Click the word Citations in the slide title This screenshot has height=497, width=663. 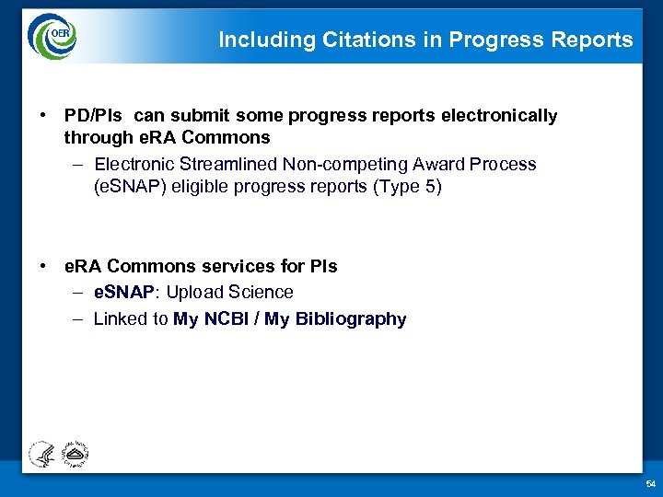tap(355, 40)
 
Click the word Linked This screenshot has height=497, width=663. tap(119, 319)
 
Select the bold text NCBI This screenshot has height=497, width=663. tap(225, 319)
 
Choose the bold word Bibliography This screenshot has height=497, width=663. tap(351, 319)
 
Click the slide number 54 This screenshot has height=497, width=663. tap(650, 484)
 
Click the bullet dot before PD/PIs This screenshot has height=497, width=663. tap(43, 116)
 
